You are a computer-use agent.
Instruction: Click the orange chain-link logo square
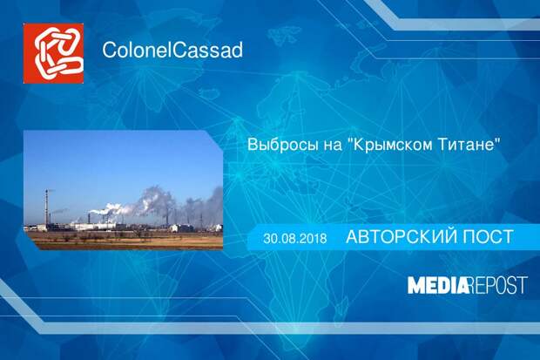(53, 53)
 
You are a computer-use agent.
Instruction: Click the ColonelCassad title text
(172, 50)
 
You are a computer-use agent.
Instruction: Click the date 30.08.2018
(295, 238)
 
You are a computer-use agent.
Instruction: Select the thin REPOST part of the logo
(498, 285)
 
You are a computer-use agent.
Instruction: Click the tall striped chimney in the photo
(46, 207)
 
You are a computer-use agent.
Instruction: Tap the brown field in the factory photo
(124, 241)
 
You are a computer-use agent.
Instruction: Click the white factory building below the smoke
(93, 226)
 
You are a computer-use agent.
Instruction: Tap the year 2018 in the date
(314, 238)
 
